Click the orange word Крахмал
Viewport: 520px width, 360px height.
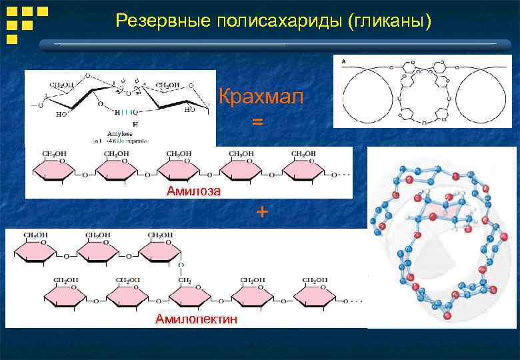(x=261, y=97)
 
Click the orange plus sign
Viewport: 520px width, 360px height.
(x=263, y=212)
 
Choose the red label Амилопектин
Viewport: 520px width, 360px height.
(x=196, y=319)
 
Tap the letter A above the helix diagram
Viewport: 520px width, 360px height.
(x=343, y=61)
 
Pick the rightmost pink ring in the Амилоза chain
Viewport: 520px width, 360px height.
(x=306, y=174)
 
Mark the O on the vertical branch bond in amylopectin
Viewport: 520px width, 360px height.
(x=181, y=265)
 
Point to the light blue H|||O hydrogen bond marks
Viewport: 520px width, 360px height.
(x=126, y=111)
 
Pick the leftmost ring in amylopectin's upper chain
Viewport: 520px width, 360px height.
(x=37, y=253)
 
